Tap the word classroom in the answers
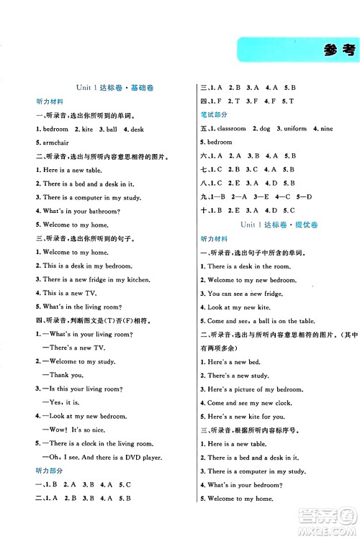click(x=231, y=129)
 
